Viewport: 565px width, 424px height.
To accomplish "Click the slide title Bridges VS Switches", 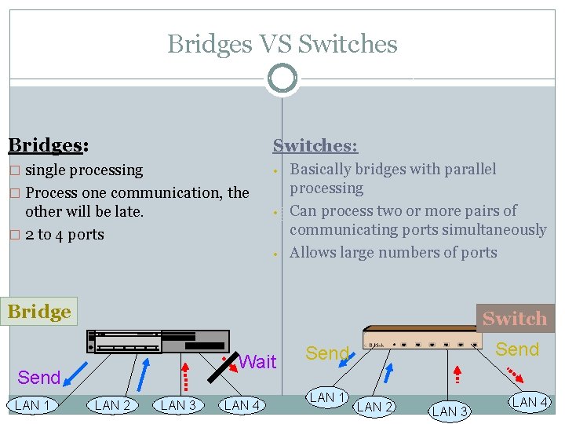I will tap(282, 44).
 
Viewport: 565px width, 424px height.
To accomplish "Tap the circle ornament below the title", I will tap(282, 79).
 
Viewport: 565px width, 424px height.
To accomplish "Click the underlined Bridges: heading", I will tap(47, 145).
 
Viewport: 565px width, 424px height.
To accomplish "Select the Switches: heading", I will tap(315, 146).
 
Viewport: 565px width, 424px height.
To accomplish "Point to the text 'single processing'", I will tap(84, 170).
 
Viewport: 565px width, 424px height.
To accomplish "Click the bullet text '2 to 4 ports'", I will tap(64, 234).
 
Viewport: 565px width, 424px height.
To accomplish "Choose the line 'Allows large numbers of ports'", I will tap(393, 252).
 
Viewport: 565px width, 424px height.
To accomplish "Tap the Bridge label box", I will tap(39, 312).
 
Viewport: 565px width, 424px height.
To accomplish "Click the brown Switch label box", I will tap(514, 318).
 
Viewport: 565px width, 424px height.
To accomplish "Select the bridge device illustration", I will tap(162, 342).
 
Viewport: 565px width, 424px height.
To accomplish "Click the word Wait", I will tap(257, 362).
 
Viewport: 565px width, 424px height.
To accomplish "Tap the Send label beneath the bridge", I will tap(38, 378).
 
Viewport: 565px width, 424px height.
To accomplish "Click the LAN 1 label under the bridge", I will tap(32, 405).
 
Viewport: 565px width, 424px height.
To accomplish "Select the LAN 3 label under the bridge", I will tap(178, 405).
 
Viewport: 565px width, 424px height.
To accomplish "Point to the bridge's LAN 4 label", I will tap(242, 405).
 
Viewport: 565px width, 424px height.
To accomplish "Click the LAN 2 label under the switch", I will tap(374, 407).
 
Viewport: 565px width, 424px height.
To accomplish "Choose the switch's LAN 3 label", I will tap(450, 411).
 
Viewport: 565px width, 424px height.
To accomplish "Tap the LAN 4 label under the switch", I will tap(530, 402).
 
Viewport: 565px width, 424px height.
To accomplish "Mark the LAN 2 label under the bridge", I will tap(112, 405).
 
